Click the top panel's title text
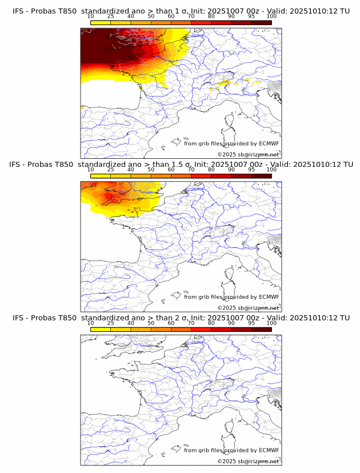pyautogui.click(x=181, y=10)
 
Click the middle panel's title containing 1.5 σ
pyautogui.click(x=181, y=164)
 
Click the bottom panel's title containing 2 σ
pyautogui.click(x=181, y=318)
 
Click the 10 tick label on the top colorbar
pyautogui.click(x=90, y=16)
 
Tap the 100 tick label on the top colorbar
pyautogui.click(x=271, y=16)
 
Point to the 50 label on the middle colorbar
pyautogui.click(x=151, y=170)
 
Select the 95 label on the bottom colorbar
pyautogui.click(x=251, y=323)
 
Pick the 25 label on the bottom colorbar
pyautogui.click(x=110, y=323)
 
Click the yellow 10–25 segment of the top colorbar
pyautogui.click(x=101, y=22)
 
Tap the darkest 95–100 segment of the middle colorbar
pyautogui.click(x=261, y=176)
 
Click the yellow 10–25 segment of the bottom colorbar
pyautogui.click(x=101, y=330)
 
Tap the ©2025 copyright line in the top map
pyautogui.click(x=248, y=154)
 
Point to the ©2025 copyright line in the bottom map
pyautogui.click(x=248, y=461)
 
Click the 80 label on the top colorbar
pyautogui.click(x=211, y=16)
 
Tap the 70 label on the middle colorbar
pyautogui.click(x=191, y=170)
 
